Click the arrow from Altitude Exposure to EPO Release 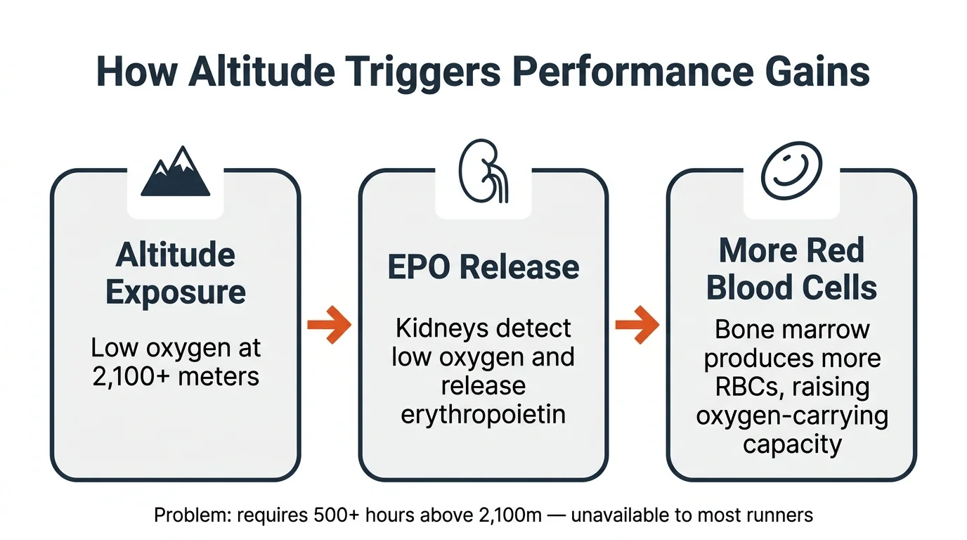[329, 325]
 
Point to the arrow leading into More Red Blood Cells [637, 325]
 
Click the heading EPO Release [483, 267]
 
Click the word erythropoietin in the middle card [483, 414]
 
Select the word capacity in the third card [792, 444]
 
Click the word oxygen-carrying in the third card [792, 416]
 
